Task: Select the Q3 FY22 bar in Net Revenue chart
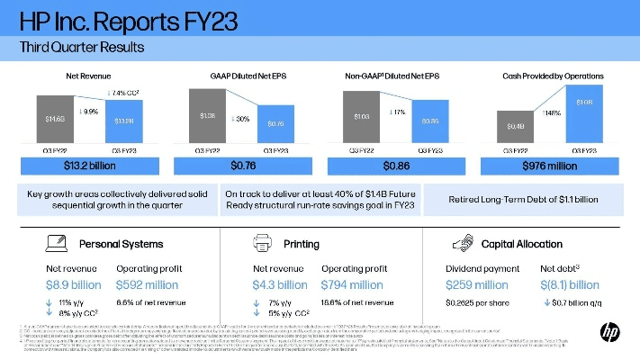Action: (x=55, y=120)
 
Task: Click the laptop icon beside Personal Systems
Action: (x=56, y=243)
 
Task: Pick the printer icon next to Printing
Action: (x=261, y=243)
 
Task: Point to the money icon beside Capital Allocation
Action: (x=464, y=243)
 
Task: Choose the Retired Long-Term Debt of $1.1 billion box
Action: (x=522, y=198)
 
